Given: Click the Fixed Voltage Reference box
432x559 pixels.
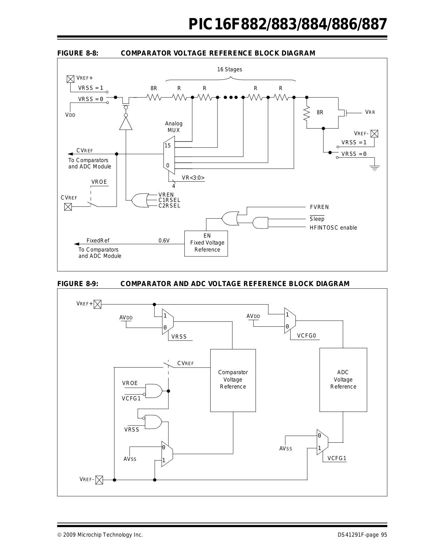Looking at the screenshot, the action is [206, 244].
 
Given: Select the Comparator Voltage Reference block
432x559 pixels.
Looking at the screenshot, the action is [233, 380].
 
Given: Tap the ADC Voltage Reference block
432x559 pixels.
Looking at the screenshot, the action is [343, 380].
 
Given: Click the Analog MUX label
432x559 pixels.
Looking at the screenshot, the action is [174, 127].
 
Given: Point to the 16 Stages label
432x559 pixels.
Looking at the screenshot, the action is [230, 70].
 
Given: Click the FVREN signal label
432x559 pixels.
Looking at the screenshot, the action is [319, 207].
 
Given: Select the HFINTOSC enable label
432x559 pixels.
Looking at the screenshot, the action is [333, 228].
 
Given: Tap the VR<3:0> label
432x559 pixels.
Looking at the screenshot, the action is [193, 178].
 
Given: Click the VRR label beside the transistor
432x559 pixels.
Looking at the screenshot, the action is [370, 112].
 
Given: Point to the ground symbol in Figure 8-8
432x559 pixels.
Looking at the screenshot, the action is [375, 168].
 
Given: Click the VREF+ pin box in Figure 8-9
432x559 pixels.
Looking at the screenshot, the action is [97, 304].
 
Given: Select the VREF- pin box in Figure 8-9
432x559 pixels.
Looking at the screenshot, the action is [99, 480].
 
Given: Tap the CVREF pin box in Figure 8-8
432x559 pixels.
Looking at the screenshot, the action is [68, 207].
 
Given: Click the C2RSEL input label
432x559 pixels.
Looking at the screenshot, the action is [169, 206].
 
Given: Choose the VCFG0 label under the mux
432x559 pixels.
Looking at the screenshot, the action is [307, 336].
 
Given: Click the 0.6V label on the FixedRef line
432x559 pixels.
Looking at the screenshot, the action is [164, 240].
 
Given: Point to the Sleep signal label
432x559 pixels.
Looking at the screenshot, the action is [317, 219].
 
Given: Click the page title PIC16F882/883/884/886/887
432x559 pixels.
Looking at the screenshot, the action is [288, 24].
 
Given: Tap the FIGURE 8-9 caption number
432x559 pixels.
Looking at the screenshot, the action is [78, 283].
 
